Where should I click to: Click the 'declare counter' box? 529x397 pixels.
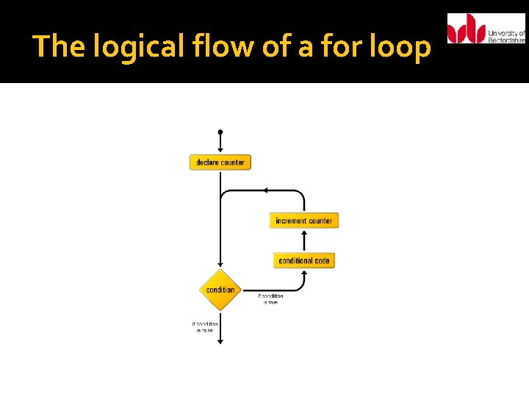220,162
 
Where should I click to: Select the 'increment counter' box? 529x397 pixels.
303,221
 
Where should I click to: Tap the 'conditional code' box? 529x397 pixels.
303,260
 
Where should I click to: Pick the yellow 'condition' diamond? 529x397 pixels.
220,290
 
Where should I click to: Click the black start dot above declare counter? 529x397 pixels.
220,132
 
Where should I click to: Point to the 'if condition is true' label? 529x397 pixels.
270,298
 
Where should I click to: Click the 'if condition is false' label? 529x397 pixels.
204,326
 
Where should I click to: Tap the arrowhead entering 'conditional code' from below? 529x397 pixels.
304,271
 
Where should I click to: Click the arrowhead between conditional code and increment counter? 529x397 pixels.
304,232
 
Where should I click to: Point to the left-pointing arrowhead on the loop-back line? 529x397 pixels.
264,190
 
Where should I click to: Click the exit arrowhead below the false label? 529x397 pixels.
220,340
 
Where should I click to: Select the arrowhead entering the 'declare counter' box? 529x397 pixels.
220,151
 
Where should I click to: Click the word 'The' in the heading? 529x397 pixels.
53,47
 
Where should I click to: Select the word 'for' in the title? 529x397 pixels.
328,47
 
